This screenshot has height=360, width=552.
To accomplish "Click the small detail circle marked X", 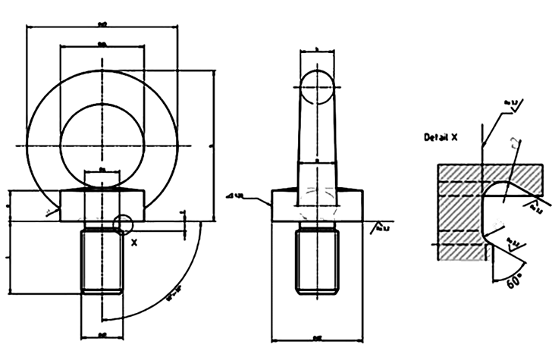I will point(122,224).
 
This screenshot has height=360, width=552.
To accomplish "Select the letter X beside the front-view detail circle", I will point(134,243).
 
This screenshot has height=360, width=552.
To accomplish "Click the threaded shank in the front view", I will point(102,261).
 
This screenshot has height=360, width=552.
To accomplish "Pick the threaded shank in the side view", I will point(316,261).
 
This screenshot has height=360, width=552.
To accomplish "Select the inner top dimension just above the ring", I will point(102,46).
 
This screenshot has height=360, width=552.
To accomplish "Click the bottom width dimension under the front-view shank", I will point(102,333).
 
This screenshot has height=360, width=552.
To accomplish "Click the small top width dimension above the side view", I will point(316,51).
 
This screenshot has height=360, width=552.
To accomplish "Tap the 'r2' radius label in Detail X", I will point(514,144).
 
